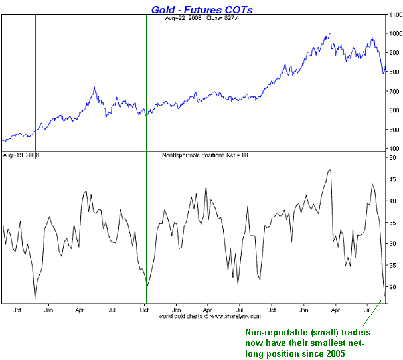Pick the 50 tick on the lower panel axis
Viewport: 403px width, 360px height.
tap(392, 157)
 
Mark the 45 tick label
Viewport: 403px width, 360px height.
tap(392, 179)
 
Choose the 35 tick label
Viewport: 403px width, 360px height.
tap(392, 222)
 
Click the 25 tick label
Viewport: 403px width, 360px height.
tap(392, 265)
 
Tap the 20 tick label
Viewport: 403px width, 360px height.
tap(392, 287)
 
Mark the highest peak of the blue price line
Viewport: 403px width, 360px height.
tap(330, 33)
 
